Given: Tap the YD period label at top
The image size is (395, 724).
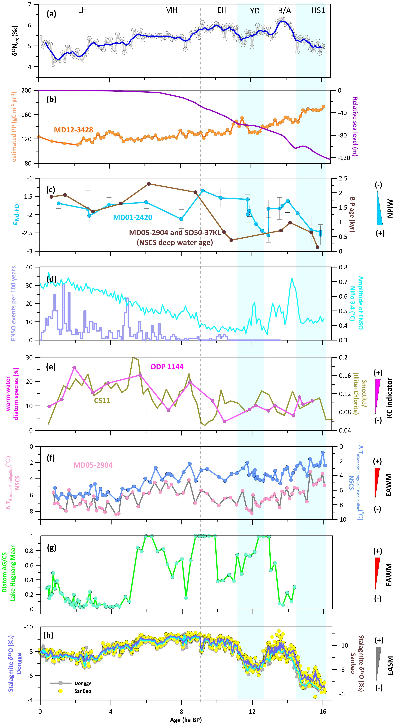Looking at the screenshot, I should (x=255, y=11).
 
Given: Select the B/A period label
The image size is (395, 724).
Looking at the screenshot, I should (x=284, y=11).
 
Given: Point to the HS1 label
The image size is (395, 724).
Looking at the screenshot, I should (x=318, y=11).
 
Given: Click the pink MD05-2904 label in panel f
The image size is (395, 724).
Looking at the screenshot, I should (x=93, y=465).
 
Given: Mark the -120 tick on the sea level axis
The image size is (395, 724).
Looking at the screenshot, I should (x=340, y=158).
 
